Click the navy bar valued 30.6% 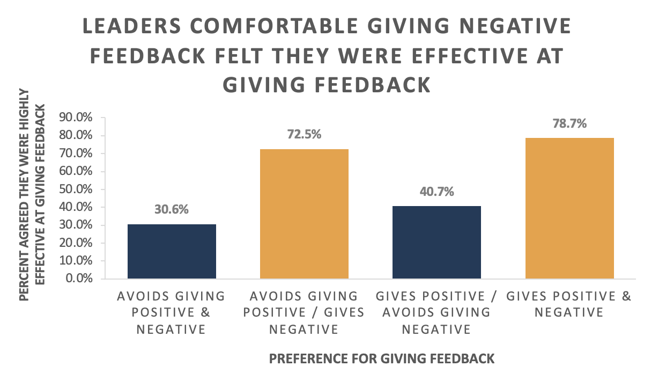172,251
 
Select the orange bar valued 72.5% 304,214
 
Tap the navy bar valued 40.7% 436,242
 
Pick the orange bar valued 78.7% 569,208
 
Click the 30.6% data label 172,210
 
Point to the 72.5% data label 304,134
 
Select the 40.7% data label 436,192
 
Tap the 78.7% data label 569,123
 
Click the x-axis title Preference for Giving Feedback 382,358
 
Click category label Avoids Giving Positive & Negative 172,312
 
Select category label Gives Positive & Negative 569,304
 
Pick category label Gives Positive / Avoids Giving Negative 436,312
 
